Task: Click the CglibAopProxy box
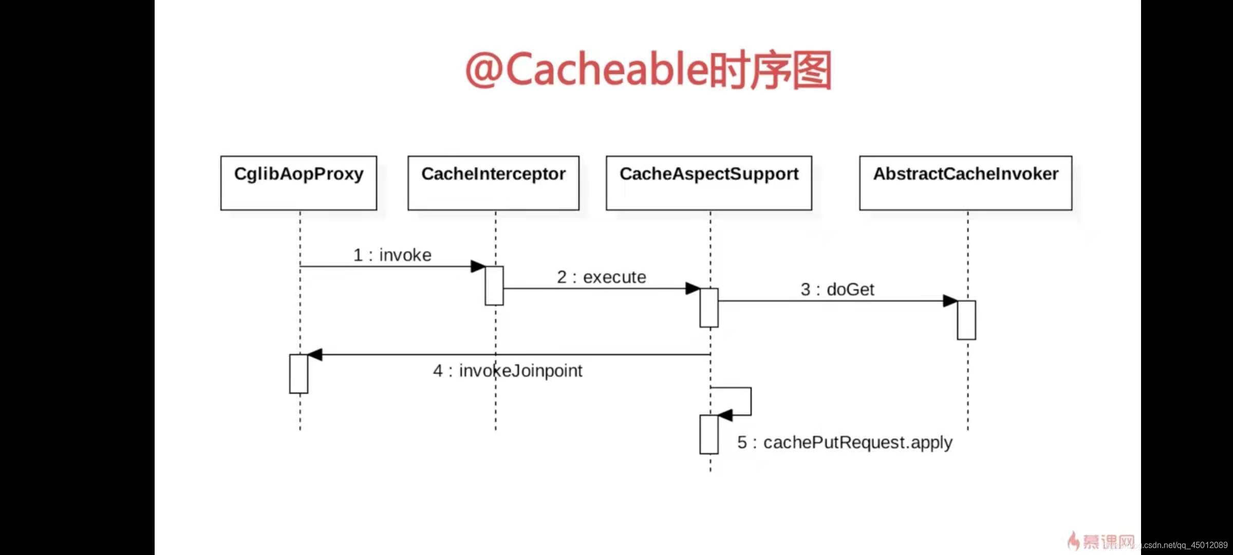(298, 183)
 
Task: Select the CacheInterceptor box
(493, 183)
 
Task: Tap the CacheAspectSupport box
(709, 183)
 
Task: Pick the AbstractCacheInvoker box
(965, 183)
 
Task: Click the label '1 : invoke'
(393, 255)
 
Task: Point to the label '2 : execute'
(602, 277)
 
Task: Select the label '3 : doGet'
(837, 289)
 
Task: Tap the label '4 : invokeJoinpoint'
(508, 371)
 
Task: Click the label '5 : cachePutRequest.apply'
(845, 442)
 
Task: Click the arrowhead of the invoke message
(478, 266)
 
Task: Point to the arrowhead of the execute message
(693, 288)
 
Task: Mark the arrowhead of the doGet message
(950, 301)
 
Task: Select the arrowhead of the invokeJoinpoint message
(314, 355)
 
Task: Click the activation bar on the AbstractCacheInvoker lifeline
(966, 320)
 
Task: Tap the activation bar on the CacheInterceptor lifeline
(494, 286)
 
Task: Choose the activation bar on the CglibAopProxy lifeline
(298, 374)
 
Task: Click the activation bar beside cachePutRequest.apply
(709, 434)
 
